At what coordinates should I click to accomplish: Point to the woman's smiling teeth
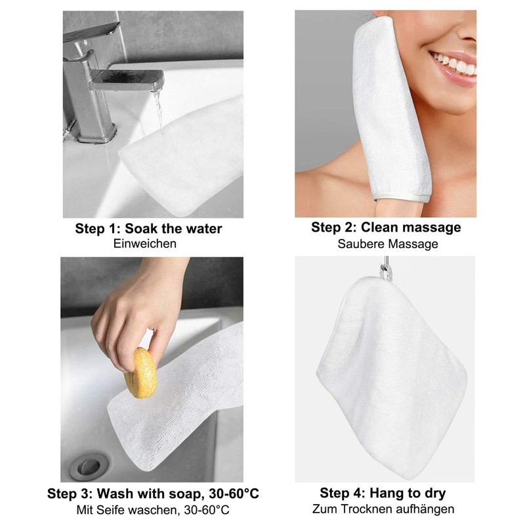coord(455,64)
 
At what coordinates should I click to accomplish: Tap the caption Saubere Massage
coord(388,243)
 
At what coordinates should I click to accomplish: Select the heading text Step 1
coord(98,228)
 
